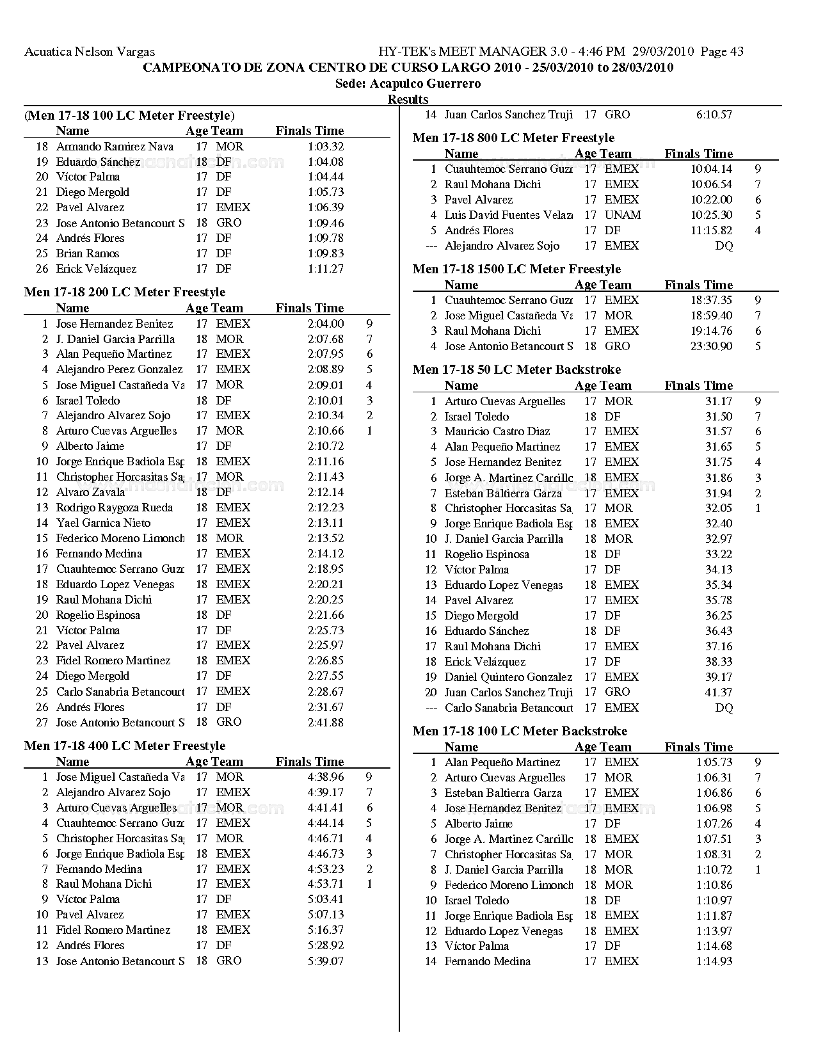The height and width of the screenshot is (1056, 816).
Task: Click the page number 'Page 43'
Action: [x=722, y=52]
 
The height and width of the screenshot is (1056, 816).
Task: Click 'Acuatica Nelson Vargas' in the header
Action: [x=90, y=52]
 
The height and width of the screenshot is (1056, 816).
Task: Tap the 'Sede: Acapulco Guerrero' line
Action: [x=408, y=84]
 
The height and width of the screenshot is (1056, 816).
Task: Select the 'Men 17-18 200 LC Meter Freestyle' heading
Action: [x=125, y=292]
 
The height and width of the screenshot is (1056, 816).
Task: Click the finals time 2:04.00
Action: [x=325, y=324]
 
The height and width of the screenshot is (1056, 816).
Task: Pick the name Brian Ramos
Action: [x=88, y=253]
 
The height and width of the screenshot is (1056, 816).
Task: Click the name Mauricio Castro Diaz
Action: [x=497, y=431]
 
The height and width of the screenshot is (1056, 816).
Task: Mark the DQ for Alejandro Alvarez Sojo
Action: [x=724, y=246]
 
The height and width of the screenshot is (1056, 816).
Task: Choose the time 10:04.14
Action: [x=711, y=169]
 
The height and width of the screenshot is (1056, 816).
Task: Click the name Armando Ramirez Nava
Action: [x=115, y=147]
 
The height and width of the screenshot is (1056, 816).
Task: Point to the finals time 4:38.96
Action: [x=325, y=777]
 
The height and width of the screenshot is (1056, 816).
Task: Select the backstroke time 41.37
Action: [x=719, y=692]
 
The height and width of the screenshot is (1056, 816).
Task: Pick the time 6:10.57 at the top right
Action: [x=714, y=115]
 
